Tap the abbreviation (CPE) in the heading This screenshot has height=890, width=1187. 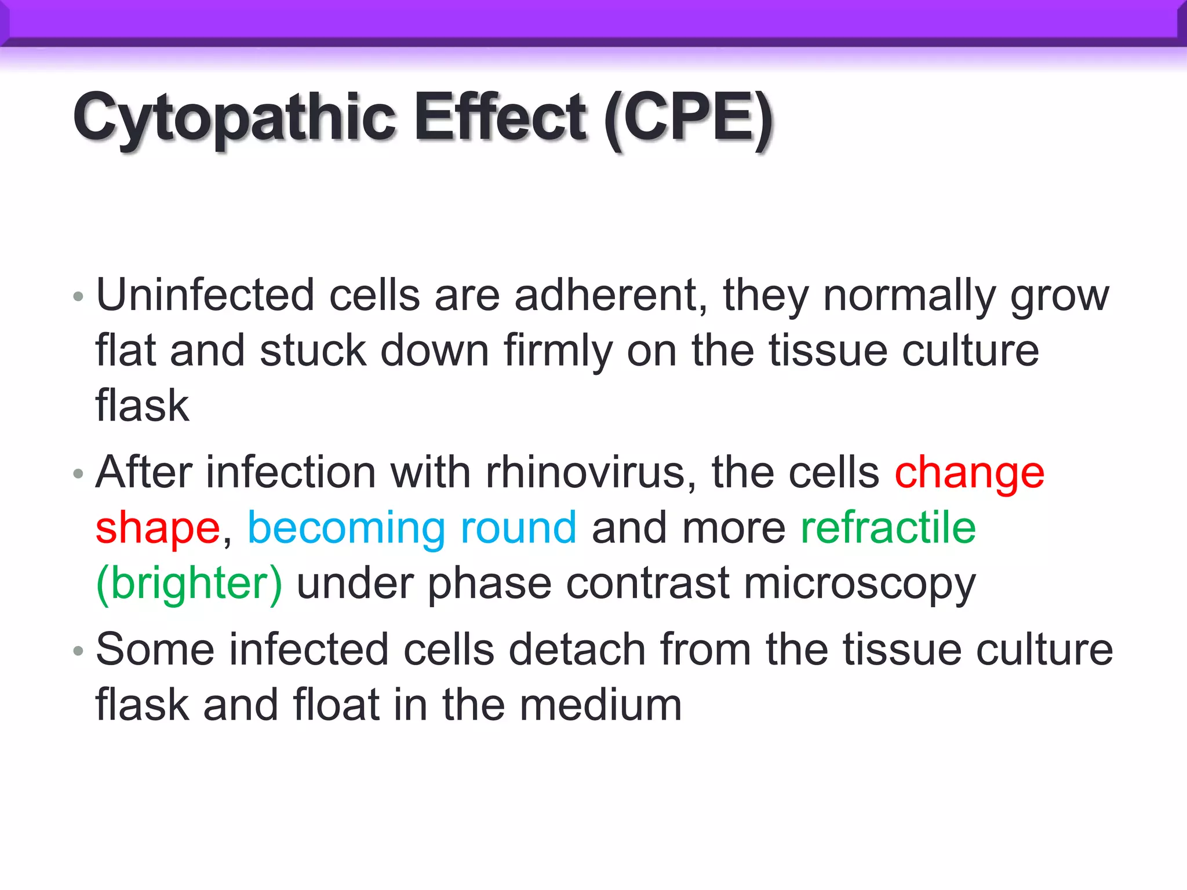point(688,118)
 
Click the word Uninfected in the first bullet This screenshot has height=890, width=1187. point(205,296)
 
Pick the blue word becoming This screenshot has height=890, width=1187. point(346,528)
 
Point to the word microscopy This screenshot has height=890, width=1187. point(860,584)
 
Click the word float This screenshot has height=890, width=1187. point(336,705)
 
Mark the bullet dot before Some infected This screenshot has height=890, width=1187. point(79,651)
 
